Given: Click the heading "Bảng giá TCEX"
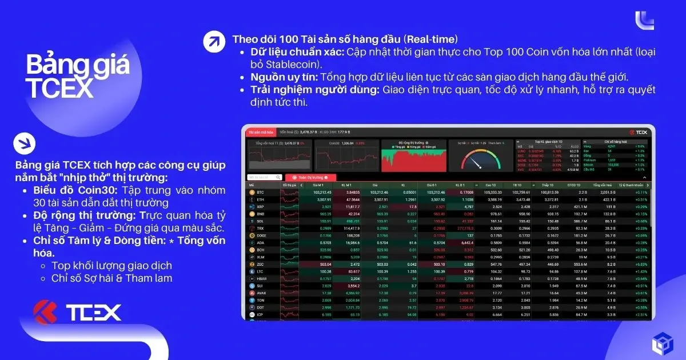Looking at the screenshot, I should point(77,77).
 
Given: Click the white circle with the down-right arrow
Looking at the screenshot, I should point(25,143).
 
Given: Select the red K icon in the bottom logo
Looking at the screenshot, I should point(48,312).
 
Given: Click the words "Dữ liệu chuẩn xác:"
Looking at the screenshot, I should point(296,52).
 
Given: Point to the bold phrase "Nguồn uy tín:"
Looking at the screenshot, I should point(284,77).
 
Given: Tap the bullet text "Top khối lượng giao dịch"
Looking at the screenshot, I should point(111,266).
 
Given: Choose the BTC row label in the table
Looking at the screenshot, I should point(261,193).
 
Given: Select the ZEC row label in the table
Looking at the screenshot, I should point(261,265).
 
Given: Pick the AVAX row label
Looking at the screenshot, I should point(262,293).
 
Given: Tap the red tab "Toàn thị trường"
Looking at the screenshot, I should point(309,178).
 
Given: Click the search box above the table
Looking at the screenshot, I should point(264,178).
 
